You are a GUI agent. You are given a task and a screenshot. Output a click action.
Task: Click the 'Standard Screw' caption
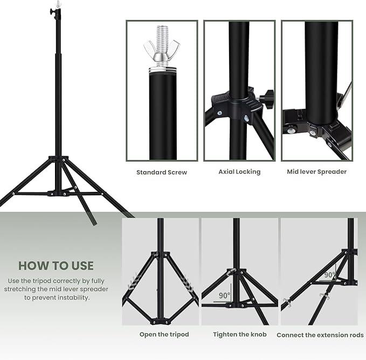pyautogui.click(x=162, y=172)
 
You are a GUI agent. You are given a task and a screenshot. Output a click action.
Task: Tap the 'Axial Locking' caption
pyautogui.click(x=239, y=171)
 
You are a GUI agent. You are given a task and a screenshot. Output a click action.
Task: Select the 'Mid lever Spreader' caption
pyautogui.click(x=316, y=171)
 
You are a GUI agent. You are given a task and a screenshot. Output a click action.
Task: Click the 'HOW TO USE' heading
pyautogui.click(x=56, y=266)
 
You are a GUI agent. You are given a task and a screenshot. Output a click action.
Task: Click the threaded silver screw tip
pyautogui.click(x=162, y=35)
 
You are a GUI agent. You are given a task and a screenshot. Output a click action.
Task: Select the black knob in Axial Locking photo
pyautogui.click(x=266, y=98)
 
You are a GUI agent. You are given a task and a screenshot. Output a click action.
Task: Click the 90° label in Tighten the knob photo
pyautogui.click(x=224, y=296)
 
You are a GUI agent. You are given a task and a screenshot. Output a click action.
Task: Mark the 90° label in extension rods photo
pyautogui.click(x=330, y=275)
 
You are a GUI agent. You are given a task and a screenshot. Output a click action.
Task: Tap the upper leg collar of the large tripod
pyautogui.click(x=58, y=160)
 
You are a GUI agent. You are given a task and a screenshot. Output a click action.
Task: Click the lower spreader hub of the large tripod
pyautogui.click(x=58, y=192)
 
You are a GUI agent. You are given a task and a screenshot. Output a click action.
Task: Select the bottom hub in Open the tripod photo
pyautogui.click(x=160, y=321)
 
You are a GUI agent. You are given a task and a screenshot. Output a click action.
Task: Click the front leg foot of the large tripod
pyautogui.click(x=93, y=220)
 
